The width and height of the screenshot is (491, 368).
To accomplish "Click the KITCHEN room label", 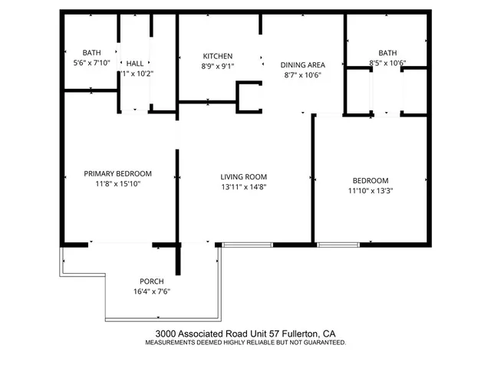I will point(217,56).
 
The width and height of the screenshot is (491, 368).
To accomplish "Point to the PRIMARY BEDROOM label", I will point(117,173).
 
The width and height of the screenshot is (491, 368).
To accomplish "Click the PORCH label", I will point(152,281).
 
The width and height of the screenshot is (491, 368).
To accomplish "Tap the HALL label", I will point(135,64).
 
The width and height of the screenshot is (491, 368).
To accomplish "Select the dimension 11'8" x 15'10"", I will point(117,184).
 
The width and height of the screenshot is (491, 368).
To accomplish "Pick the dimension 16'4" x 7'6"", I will point(152,291).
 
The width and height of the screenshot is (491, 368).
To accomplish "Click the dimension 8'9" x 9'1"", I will point(217,67).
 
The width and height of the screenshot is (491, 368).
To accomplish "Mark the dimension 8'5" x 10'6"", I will point(387,63).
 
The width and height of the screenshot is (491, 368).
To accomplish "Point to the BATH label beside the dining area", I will point(387,53).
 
